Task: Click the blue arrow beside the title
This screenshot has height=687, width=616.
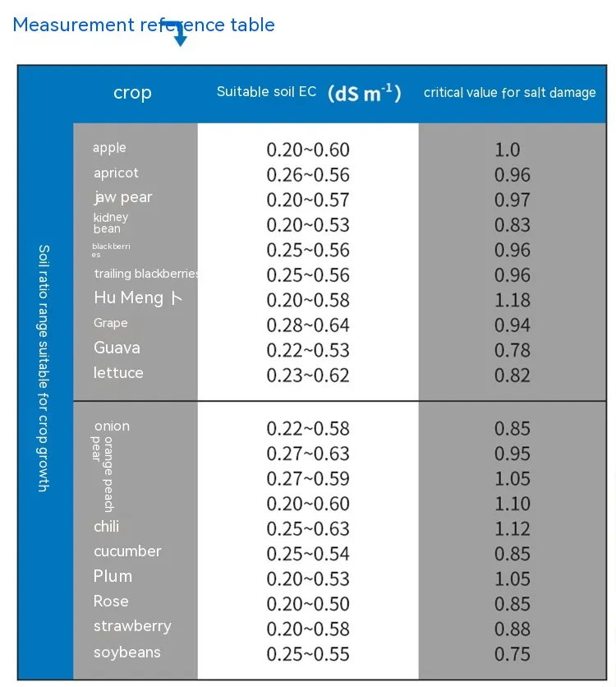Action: (179, 34)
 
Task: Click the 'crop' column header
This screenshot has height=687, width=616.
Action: (132, 93)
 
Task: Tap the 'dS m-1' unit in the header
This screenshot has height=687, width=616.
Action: (364, 93)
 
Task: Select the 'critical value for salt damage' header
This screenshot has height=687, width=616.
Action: (509, 93)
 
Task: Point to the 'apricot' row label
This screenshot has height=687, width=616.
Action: (116, 173)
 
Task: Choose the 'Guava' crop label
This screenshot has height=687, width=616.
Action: (117, 348)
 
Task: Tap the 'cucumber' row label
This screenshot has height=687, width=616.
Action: (127, 551)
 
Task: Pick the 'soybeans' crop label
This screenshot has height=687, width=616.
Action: (126, 652)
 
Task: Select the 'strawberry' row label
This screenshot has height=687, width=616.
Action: (132, 626)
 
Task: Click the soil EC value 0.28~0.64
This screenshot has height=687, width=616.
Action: (308, 325)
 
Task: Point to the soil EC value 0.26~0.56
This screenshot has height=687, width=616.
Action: (308, 175)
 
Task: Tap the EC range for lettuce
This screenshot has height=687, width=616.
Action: (308, 376)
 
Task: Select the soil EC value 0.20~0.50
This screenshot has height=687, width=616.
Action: (308, 604)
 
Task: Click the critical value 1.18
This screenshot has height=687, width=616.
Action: (513, 300)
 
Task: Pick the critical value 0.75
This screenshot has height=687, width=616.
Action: (513, 654)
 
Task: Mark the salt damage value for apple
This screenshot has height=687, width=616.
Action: (508, 150)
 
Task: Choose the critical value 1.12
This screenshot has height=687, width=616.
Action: (513, 528)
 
